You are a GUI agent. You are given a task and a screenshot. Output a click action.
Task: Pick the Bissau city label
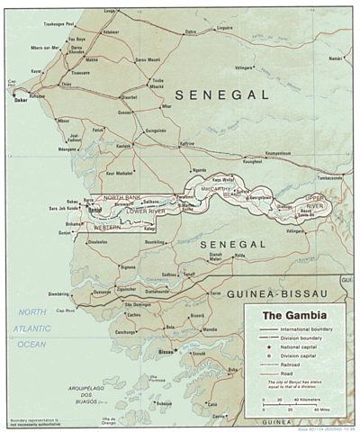point(165,350)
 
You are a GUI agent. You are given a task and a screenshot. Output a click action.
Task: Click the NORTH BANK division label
point(122,196)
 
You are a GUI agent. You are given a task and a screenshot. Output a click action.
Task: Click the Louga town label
point(110,11)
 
